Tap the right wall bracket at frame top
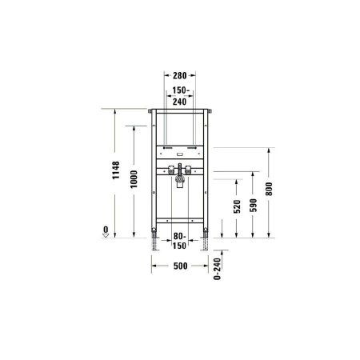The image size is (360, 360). [209, 110]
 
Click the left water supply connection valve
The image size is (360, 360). [170, 169]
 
